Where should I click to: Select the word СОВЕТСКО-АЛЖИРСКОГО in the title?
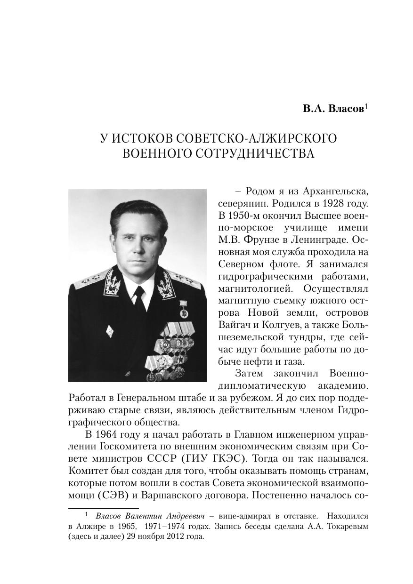pos(259,139)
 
